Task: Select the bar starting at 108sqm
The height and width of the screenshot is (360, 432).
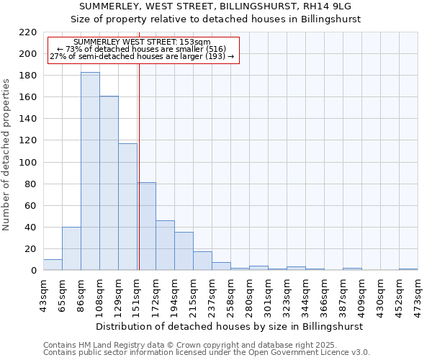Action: coord(109,184)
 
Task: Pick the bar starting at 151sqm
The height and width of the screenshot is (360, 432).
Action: coord(147,226)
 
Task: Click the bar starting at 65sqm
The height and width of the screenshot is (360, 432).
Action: coord(71,248)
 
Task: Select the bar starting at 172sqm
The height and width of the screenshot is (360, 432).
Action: coord(165,246)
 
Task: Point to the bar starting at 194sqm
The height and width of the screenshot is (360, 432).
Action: coord(184,251)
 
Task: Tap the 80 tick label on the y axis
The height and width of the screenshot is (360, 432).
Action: coord(31,184)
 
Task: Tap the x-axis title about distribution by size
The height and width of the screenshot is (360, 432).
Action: coord(230,326)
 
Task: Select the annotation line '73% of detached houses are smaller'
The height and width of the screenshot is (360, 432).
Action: coord(141,49)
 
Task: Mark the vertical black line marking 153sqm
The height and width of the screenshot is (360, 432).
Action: coord(138,166)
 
